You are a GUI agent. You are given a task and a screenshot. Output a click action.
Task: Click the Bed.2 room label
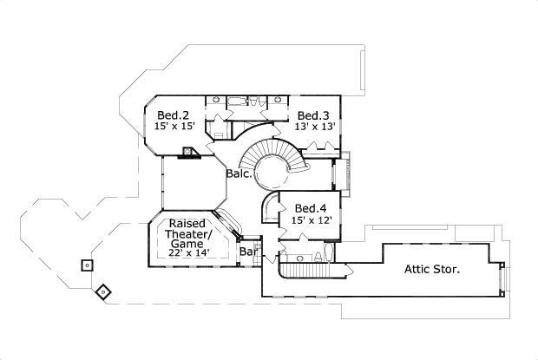tap(174, 115)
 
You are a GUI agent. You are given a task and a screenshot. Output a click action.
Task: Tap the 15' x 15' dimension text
tap(174, 126)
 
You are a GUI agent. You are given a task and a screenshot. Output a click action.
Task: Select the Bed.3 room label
tap(313, 115)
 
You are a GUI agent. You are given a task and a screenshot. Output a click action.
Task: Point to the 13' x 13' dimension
tap(315, 127)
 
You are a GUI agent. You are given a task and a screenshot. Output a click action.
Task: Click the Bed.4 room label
tap(311, 208)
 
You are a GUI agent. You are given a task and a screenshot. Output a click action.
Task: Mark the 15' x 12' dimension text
tap(312, 220)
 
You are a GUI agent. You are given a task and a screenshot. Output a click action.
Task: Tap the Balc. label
tap(239, 173)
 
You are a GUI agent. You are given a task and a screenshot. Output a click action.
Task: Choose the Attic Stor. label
tap(432, 269)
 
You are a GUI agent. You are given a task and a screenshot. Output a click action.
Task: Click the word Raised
tap(187, 224)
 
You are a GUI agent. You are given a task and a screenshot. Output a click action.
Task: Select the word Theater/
tap(188, 234)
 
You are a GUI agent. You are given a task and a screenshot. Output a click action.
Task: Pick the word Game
tap(187, 244)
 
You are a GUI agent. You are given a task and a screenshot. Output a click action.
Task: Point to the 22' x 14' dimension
tap(189, 253)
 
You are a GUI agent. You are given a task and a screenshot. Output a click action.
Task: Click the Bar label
tap(248, 252)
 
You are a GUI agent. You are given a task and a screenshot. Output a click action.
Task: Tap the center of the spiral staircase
tap(272, 169)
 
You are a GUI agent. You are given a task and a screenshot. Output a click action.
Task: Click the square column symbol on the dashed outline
tap(87, 265)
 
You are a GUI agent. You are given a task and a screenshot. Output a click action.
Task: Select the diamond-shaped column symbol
tap(103, 292)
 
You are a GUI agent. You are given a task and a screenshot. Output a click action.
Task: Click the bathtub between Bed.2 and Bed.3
tap(237, 101)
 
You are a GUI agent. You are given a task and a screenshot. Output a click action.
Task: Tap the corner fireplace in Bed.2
tap(188, 152)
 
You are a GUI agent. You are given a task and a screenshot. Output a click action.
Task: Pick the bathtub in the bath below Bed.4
tap(328, 253)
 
